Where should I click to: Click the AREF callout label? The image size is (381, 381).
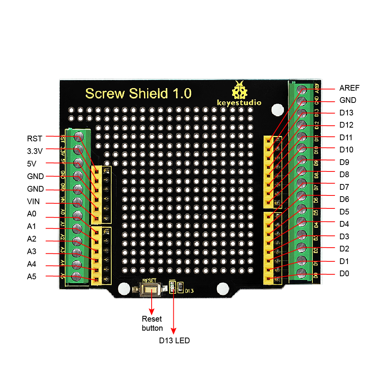(349, 88)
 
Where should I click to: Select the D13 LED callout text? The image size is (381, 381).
(174, 341)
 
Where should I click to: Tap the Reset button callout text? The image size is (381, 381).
(152, 323)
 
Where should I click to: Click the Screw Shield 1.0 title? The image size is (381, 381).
(138, 93)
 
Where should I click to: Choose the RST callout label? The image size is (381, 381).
(34, 138)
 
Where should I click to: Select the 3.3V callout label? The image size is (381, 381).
(35, 151)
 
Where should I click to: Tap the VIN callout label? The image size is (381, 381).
(34, 202)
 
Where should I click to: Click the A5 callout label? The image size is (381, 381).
(32, 277)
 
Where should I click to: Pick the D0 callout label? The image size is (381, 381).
(344, 274)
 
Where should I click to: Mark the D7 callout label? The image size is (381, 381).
(344, 187)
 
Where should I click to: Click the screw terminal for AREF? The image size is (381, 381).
(302, 90)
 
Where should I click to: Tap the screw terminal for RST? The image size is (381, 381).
(79, 136)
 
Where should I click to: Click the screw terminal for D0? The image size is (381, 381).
(301, 273)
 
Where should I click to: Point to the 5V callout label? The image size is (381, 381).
(32, 163)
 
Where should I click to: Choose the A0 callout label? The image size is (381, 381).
(32, 214)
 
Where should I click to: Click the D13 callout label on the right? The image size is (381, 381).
(346, 113)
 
